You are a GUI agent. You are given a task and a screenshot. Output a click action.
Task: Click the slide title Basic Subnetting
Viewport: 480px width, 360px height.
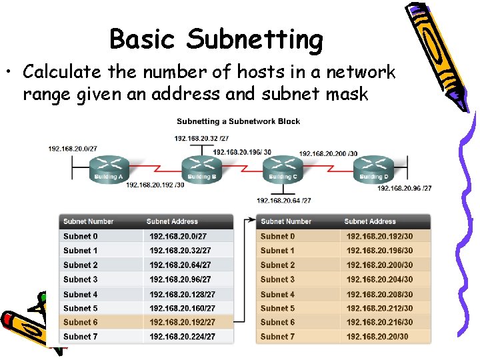click(x=216, y=40)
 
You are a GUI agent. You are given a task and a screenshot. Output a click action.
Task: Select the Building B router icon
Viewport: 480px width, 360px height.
click(x=201, y=167)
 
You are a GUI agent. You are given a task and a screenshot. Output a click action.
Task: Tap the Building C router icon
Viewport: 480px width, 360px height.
click(x=283, y=167)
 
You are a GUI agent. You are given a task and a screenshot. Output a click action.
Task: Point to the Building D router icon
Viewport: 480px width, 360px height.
click(x=373, y=167)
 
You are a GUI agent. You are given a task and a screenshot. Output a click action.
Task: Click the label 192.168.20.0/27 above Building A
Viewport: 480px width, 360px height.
click(x=72, y=149)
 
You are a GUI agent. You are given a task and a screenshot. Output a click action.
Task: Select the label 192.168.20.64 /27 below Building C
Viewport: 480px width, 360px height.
click(x=284, y=200)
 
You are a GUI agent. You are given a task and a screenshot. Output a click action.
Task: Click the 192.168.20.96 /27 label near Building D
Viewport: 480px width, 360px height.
click(x=404, y=188)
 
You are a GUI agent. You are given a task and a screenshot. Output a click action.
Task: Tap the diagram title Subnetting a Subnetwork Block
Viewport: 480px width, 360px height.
click(x=238, y=121)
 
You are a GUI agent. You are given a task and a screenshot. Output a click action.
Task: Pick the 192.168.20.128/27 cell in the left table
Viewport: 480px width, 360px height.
click(x=182, y=294)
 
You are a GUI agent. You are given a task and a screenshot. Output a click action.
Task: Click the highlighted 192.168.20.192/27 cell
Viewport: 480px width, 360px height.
click(x=182, y=322)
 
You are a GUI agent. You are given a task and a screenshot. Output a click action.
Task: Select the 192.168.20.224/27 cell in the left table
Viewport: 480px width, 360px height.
click(x=182, y=337)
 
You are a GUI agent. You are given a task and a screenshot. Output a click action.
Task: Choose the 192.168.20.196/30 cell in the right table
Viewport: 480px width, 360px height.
click(x=379, y=251)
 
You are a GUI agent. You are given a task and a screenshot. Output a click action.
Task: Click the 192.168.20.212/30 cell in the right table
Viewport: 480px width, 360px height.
click(x=379, y=308)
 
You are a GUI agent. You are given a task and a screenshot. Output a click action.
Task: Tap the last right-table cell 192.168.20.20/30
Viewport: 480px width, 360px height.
click(x=377, y=337)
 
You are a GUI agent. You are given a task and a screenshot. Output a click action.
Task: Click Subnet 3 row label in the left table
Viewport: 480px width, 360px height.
click(x=81, y=279)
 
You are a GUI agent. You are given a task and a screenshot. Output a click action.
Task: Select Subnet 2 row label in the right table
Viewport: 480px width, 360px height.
click(x=278, y=265)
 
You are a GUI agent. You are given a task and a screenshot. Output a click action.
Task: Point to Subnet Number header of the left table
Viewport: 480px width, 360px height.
click(x=89, y=221)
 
